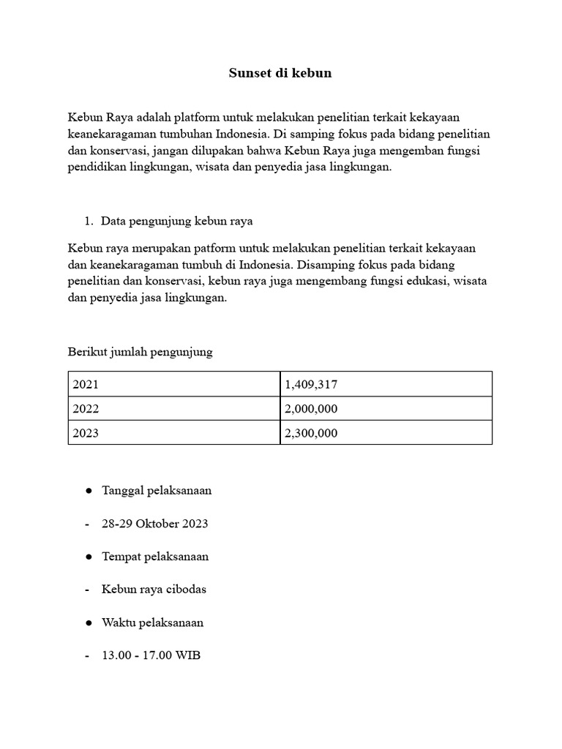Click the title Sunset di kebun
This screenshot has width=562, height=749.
[x=280, y=73]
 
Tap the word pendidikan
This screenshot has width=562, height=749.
[x=99, y=167]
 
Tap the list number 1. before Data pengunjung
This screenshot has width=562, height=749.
[x=89, y=221]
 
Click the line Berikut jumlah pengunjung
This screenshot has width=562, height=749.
[x=140, y=353]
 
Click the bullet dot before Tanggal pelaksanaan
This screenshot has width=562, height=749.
[x=88, y=491]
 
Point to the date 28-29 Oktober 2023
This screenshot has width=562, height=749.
[x=155, y=524]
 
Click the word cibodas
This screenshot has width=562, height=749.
[x=183, y=590]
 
